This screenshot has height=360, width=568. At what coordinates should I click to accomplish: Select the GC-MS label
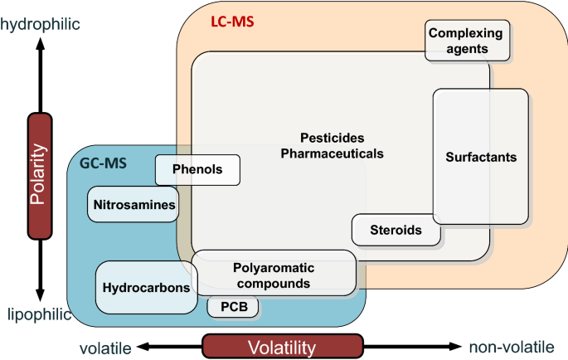click(103, 163)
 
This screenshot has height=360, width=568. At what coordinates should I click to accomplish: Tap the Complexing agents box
click(468, 41)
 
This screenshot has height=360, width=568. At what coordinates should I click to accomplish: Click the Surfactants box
click(480, 157)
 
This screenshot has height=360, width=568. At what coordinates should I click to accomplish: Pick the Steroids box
click(396, 230)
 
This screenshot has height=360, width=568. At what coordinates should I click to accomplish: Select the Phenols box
click(197, 170)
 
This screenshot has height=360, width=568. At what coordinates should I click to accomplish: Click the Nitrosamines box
click(134, 204)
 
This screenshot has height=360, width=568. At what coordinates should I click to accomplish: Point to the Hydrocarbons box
click(143, 288)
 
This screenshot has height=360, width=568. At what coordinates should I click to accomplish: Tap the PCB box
click(233, 307)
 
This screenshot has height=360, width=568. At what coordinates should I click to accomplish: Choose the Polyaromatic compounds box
click(274, 275)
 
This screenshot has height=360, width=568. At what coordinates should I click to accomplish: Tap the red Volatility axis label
click(282, 347)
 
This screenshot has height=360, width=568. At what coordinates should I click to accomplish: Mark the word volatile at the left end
click(105, 348)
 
